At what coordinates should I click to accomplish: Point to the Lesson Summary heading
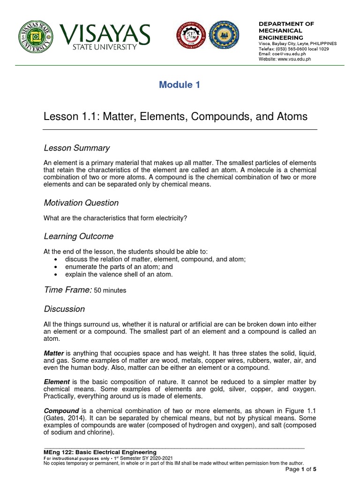[x=76, y=148]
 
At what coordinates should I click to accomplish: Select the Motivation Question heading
[x=81, y=203]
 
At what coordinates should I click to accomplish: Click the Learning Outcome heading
[x=78, y=236]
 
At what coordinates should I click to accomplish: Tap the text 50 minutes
[x=110, y=291]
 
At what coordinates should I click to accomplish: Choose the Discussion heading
[x=64, y=309]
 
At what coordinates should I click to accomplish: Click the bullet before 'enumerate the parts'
[x=56, y=267]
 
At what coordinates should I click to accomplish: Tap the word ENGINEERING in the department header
[x=281, y=37]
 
